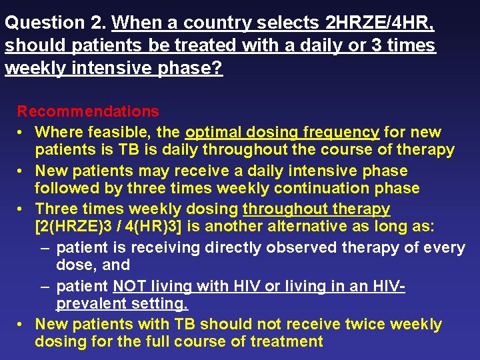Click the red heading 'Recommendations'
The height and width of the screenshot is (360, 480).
[x=88, y=111]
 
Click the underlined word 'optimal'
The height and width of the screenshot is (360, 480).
[x=215, y=132]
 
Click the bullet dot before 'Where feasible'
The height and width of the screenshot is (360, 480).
[x=22, y=133]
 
